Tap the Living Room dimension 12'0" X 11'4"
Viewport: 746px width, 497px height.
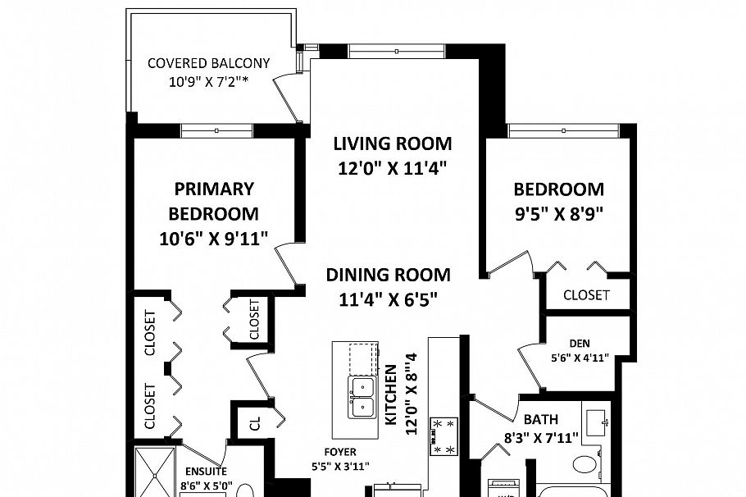tap(392, 169)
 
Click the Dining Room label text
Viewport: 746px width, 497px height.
tap(388, 275)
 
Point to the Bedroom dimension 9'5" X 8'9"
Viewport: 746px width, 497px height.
tap(558, 215)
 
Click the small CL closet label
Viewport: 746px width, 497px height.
tap(255, 423)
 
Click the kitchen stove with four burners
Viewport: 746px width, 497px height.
tap(444, 435)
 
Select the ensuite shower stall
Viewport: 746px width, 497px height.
tap(154, 472)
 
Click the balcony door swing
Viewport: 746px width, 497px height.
tap(288, 95)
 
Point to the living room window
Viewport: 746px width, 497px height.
tap(396, 52)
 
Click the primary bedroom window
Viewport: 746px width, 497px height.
tap(216, 130)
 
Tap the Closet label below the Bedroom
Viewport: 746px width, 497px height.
tap(586, 294)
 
